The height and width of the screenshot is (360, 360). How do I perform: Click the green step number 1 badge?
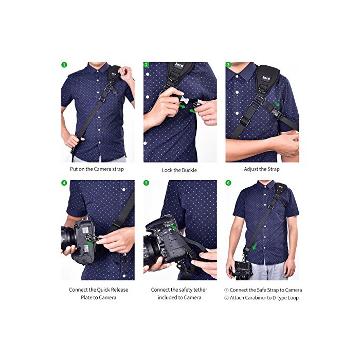(64, 65)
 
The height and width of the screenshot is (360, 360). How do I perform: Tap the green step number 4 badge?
(64, 183)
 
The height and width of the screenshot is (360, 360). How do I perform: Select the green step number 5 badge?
(146, 183)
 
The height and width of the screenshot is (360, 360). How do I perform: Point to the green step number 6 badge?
(228, 183)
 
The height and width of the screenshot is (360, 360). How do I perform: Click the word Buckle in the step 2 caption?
(189, 170)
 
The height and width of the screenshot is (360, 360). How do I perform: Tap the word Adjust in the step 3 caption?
(251, 169)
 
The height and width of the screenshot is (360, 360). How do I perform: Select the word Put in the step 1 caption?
(74, 169)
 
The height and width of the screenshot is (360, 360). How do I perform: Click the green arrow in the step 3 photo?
(277, 103)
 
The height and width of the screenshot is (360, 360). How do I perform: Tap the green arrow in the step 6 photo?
(255, 247)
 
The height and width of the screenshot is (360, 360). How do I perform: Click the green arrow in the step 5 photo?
(174, 227)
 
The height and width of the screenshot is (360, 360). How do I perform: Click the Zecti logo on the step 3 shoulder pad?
(266, 78)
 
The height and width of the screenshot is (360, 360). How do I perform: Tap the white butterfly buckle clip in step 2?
(185, 100)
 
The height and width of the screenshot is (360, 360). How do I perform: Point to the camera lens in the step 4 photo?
(68, 239)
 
